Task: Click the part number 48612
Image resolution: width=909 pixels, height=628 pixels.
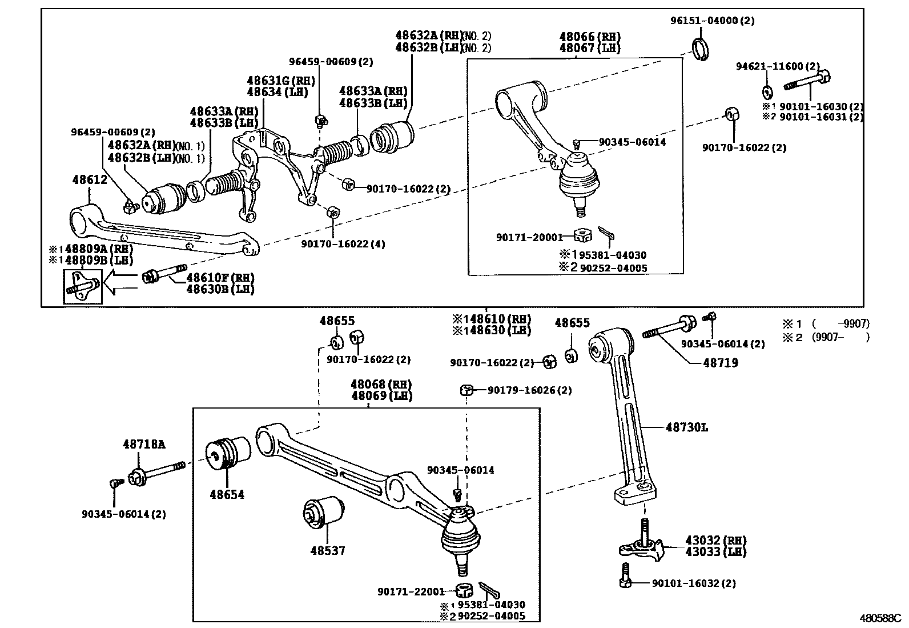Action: point(90,179)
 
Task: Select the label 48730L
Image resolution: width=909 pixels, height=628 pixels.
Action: point(686,427)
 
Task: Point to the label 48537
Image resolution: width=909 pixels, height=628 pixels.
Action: point(328,550)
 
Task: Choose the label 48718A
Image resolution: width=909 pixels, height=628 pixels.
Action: point(144,444)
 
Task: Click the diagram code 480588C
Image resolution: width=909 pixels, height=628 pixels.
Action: point(880,618)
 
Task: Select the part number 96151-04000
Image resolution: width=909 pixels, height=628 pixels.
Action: point(712,21)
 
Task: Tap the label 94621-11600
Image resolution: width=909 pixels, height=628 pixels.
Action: point(777,66)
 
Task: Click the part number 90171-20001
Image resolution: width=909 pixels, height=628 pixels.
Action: point(529,237)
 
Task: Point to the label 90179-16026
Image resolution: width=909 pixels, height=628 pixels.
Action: point(529,390)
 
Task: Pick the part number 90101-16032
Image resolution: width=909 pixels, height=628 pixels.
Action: point(693,583)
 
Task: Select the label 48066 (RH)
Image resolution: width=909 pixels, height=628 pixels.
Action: point(590,37)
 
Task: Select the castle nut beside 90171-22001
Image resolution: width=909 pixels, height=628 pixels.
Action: point(464,590)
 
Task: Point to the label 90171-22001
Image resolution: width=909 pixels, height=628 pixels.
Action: point(411,591)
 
